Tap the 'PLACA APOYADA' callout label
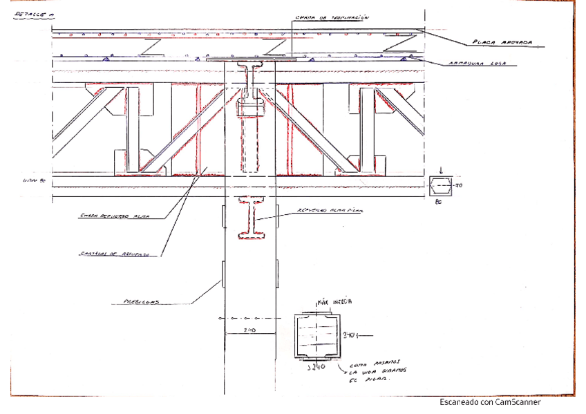(x=502, y=42)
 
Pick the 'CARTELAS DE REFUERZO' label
(x=114, y=254)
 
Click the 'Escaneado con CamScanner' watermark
(x=489, y=402)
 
